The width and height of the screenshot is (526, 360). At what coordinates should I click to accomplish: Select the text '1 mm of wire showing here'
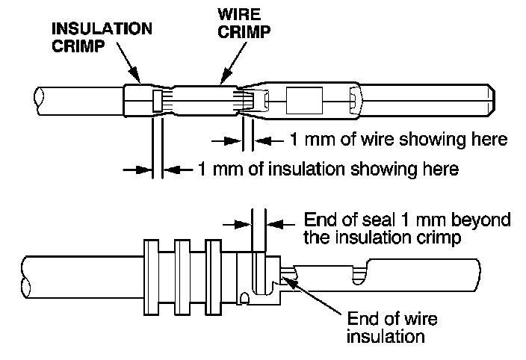397,140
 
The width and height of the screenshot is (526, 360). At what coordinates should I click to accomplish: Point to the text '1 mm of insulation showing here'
328,169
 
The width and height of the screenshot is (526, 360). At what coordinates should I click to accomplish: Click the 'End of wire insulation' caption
392,327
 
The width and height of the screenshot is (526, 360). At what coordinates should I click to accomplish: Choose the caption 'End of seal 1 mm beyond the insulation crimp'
407,229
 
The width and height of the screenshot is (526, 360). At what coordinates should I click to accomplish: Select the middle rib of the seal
182,276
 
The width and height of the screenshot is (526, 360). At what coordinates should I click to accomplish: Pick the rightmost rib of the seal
213,276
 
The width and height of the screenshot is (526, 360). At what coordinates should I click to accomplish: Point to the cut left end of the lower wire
28,276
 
